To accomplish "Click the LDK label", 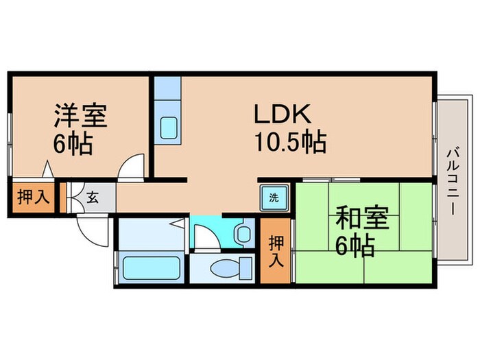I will pyautogui.click(x=283, y=114).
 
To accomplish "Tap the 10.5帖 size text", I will pyautogui.click(x=289, y=143).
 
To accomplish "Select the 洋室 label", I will pyautogui.click(x=80, y=116).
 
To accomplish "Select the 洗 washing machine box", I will pyautogui.click(x=274, y=198).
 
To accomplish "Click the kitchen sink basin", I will pyautogui.click(x=168, y=128).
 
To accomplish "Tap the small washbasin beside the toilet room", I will pyautogui.click(x=243, y=234).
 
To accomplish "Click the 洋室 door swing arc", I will pyautogui.click(x=130, y=166).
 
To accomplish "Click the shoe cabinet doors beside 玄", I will pyautogui.click(x=72, y=197).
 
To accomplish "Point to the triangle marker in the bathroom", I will pyautogui.click(x=177, y=223).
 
